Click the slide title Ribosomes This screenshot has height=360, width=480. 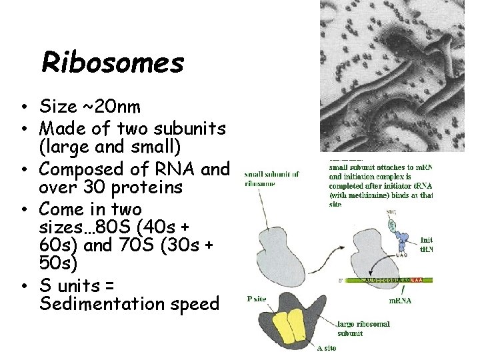click(x=112, y=63)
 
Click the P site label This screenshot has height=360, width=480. click(x=257, y=299)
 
